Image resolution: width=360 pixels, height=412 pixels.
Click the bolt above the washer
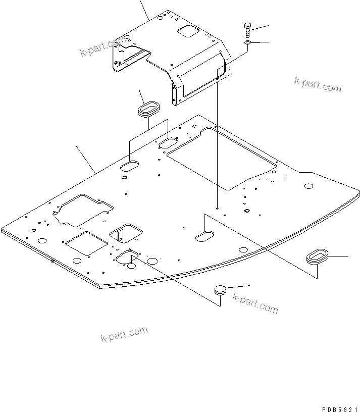[x=247, y=29]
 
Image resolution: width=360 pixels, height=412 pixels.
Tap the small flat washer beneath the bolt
[x=247, y=44]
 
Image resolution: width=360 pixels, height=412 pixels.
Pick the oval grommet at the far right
[x=317, y=255]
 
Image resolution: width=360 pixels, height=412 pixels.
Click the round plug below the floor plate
[x=220, y=290]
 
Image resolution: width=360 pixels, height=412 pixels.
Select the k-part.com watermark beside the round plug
[x=255, y=302]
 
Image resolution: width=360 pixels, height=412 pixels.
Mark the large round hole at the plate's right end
[x=307, y=187]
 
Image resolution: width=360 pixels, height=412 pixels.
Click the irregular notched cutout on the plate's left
[x=84, y=210]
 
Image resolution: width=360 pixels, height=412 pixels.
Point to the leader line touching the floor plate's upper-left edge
[x=86, y=159]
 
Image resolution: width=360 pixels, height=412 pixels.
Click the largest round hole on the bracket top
[x=160, y=18]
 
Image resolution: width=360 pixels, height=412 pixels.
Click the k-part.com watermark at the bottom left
[x=124, y=334]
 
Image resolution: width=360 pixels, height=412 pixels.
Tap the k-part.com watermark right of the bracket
[x=318, y=84]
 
